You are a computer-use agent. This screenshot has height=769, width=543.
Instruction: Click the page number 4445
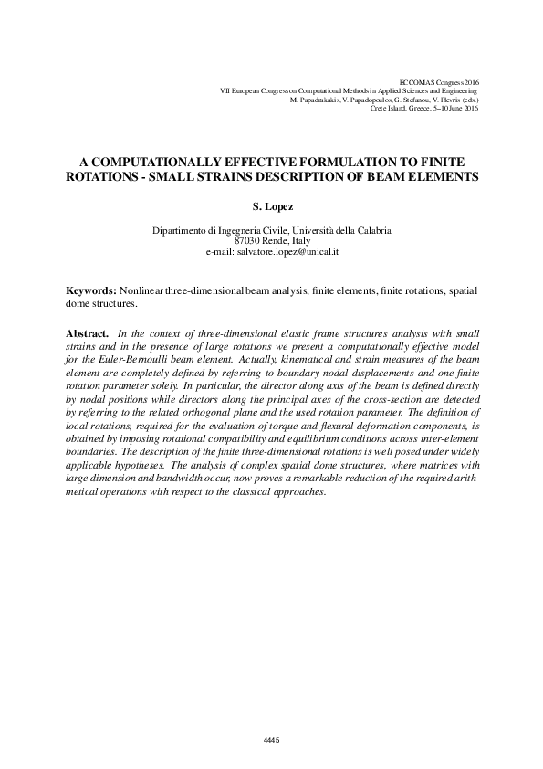[270, 739]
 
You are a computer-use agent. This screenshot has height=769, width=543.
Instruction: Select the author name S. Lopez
[271, 207]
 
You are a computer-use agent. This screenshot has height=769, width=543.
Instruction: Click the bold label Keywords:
[91, 289]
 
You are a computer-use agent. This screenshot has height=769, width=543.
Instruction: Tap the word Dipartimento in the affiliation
[183, 231]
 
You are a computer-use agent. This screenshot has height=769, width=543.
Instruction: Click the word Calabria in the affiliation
[370, 231]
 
